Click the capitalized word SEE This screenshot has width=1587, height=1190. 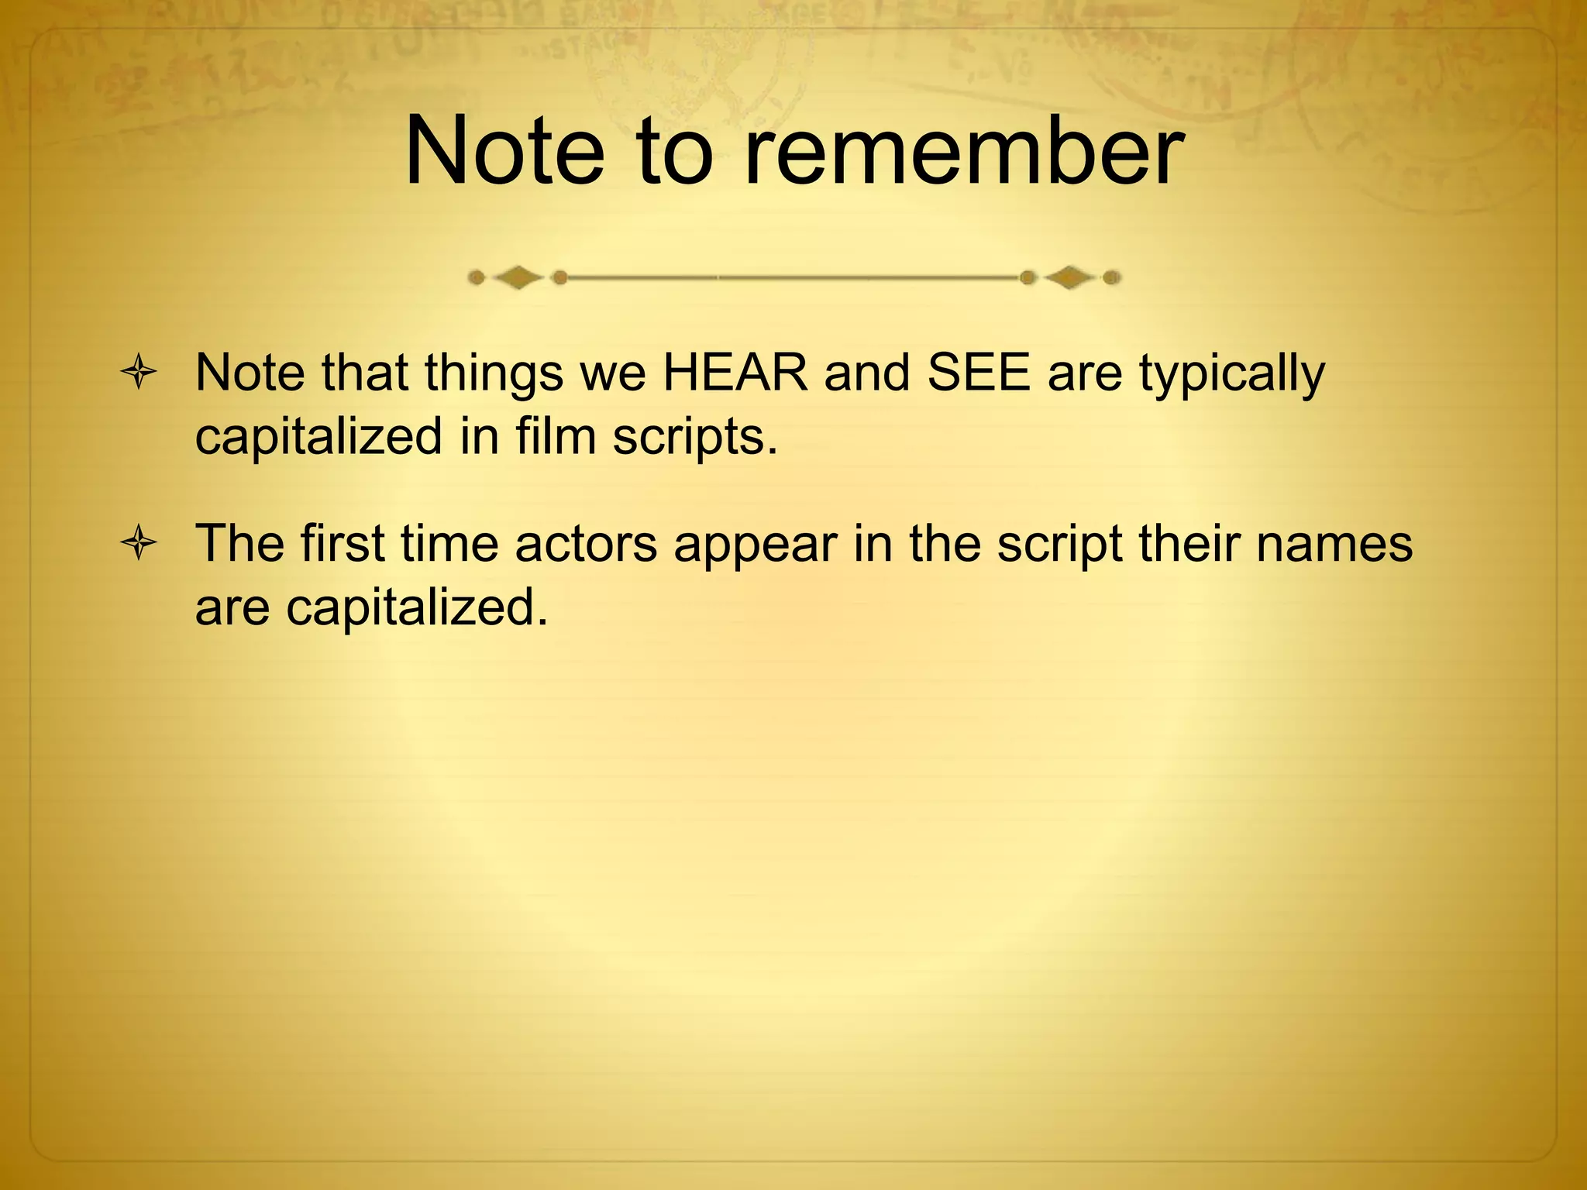(x=979, y=373)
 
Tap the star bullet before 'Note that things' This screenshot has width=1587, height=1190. (x=139, y=375)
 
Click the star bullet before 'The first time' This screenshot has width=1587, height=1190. (x=139, y=545)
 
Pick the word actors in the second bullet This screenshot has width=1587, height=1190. (x=586, y=544)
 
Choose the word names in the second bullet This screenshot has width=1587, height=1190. (x=1334, y=544)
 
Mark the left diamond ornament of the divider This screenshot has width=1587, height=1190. (x=518, y=277)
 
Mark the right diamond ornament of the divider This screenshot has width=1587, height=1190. (x=1070, y=277)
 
